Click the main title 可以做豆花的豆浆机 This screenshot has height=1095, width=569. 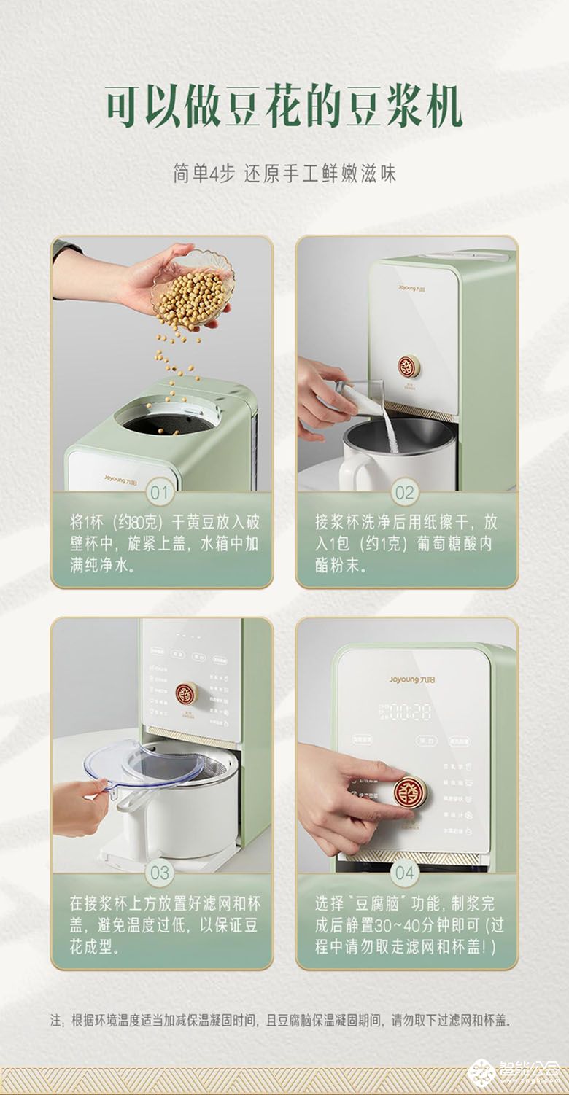[284, 109]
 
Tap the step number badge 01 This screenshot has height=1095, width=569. [161, 492]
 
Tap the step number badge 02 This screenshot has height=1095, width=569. [404, 492]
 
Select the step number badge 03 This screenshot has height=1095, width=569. [161, 873]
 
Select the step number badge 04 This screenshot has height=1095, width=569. [404, 873]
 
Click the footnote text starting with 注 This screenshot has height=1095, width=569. [281, 1020]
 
